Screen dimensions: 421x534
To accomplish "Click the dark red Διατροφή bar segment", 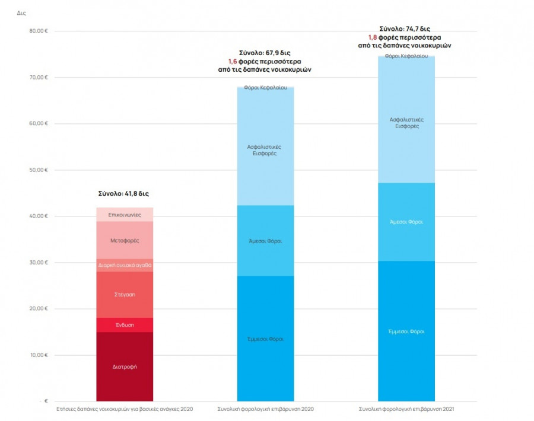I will point(125,366).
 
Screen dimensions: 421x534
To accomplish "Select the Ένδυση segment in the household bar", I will point(125,325).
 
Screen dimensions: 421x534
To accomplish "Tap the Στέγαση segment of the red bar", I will point(125,294).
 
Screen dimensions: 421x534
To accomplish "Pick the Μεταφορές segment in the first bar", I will point(125,241).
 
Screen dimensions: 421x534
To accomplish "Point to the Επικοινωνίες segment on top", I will point(125,215).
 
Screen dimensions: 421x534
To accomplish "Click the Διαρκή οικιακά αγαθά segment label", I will point(125,266).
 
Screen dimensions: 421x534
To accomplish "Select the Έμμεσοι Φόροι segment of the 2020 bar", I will point(265,339).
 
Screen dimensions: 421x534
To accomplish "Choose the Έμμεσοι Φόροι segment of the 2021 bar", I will point(406,331).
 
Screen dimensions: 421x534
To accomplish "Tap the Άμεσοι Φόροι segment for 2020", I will point(265,241).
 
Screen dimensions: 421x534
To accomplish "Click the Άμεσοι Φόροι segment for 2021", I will point(406,222).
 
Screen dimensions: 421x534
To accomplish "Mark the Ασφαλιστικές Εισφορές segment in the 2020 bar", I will point(265,149).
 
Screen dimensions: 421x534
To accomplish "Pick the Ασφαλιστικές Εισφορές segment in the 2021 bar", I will point(406,123).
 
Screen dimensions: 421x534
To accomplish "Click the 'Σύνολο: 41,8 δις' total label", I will point(125,194).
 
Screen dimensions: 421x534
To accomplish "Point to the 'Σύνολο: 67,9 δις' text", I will point(265,52).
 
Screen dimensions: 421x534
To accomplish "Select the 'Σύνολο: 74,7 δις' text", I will point(406,28).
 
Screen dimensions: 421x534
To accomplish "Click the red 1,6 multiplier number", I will point(232,61).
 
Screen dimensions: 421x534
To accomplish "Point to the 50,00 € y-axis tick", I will point(38,170).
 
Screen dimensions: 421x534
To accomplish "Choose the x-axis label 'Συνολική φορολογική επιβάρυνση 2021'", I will point(406,409).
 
